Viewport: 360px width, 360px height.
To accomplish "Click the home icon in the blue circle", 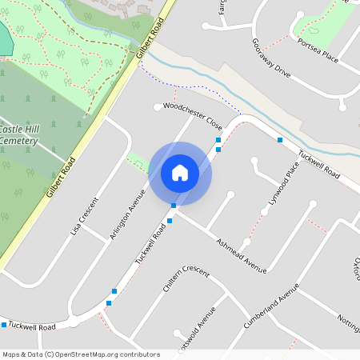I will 180,172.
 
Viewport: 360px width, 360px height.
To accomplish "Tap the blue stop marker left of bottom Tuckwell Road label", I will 4,325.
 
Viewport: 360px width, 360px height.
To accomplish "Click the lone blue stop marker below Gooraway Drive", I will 280,140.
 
